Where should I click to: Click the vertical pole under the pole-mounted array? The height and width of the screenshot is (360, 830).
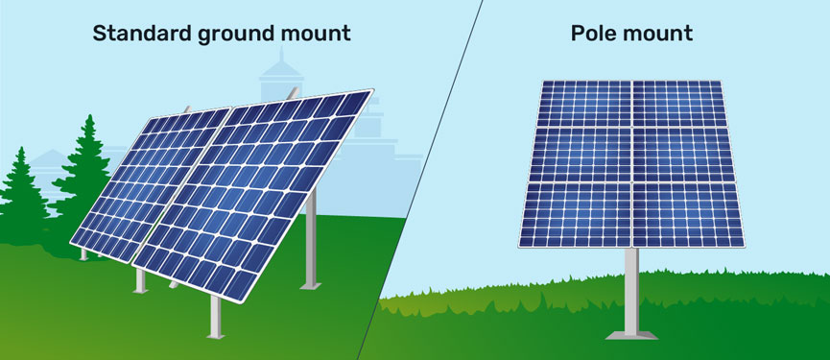coord(631,288)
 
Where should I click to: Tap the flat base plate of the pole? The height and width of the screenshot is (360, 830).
coord(631,334)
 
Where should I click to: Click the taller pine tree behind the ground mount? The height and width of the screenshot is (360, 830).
coord(84,178)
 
